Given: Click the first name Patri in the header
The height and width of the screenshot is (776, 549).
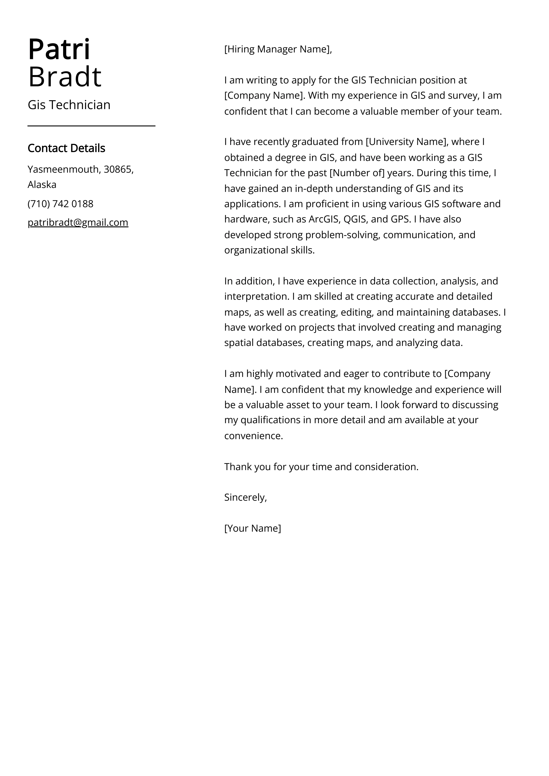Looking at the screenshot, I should point(59,50).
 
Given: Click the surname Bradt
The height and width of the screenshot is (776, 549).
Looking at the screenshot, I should point(65,77).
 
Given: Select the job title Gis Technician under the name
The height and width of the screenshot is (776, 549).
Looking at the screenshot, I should point(69,105).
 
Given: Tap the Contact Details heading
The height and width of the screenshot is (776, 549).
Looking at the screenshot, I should point(66,148).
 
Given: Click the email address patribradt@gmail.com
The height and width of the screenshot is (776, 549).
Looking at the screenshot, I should point(78,222).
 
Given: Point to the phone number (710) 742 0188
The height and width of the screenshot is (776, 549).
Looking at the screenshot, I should point(60,204).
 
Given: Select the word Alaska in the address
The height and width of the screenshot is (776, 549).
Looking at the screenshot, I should point(42,185).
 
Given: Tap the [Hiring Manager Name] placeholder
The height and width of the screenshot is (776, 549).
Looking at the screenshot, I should point(277,49).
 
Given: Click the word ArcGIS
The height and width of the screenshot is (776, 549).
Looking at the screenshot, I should point(324,219).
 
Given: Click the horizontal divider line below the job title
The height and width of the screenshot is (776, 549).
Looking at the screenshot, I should point(91,126).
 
